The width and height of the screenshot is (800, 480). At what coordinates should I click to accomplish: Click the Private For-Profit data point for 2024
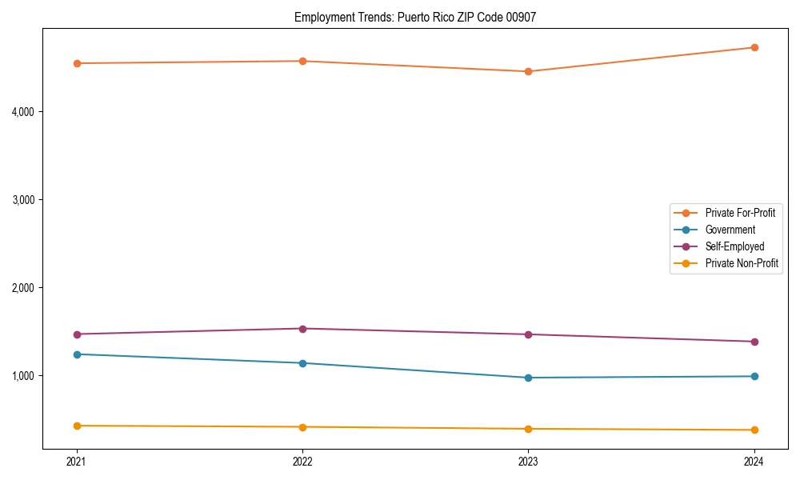(x=754, y=48)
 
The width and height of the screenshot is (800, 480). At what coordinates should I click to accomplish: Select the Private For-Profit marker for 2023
(x=528, y=72)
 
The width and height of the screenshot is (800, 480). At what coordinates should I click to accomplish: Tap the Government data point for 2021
(x=77, y=354)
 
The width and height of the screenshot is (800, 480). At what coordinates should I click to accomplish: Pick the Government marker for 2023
(x=528, y=378)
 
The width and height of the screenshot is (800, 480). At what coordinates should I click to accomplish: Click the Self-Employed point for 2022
(x=302, y=329)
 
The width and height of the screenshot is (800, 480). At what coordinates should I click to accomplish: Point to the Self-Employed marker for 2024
(x=754, y=342)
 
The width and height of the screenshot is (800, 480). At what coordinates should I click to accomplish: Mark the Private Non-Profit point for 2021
(x=77, y=426)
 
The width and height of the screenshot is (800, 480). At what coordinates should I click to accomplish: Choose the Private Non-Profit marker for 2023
(x=528, y=429)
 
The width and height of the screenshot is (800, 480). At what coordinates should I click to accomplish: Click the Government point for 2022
(x=302, y=363)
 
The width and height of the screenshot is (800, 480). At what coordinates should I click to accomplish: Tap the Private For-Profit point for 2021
(x=77, y=63)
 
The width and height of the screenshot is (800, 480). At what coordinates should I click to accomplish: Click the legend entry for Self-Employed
(x=734, y=246)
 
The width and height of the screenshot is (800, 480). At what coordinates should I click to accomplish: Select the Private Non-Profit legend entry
(x=742, y=263)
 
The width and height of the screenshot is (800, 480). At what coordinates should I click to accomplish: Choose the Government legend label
(x=730, y=230)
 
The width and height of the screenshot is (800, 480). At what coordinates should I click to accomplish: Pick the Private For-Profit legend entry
(x=740, y=213)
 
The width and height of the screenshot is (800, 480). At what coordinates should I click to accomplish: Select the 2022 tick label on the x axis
(x=302, y=461)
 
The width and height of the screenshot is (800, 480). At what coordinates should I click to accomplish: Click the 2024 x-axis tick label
(x=754, y=461)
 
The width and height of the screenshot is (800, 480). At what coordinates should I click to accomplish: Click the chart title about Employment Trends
(x=415, y=17)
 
